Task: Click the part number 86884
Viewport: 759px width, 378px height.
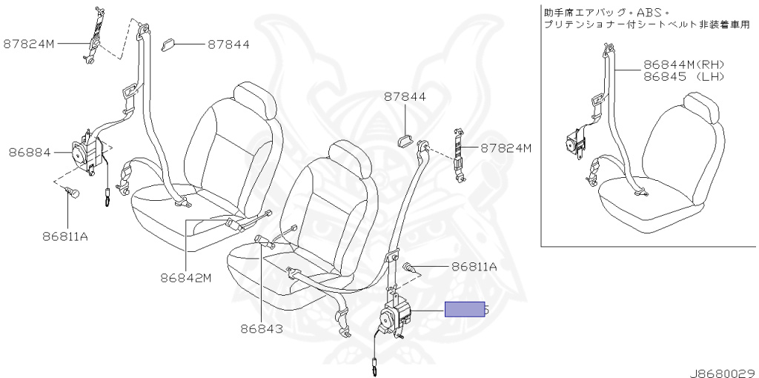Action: tap(30, 153)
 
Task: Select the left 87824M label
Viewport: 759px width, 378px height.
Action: tap(30, 44)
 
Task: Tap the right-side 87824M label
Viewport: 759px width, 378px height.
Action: tap(506, 148)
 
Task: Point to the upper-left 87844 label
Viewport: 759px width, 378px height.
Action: tap(228, 44)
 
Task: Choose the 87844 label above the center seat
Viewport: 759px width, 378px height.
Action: tap(405, 97)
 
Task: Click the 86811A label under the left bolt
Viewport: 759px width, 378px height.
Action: tap(65, 237)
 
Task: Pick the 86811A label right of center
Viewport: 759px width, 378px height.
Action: tap(474, 266)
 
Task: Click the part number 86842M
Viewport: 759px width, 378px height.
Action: tap(185, 279)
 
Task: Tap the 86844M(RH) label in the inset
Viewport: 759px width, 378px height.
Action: tap(683, 64)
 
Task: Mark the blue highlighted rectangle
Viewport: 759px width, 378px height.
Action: tap(465, 309)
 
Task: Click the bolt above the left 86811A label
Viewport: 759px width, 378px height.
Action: tap(71, 193)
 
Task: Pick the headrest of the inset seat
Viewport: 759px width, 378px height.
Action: tap(703, 107)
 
